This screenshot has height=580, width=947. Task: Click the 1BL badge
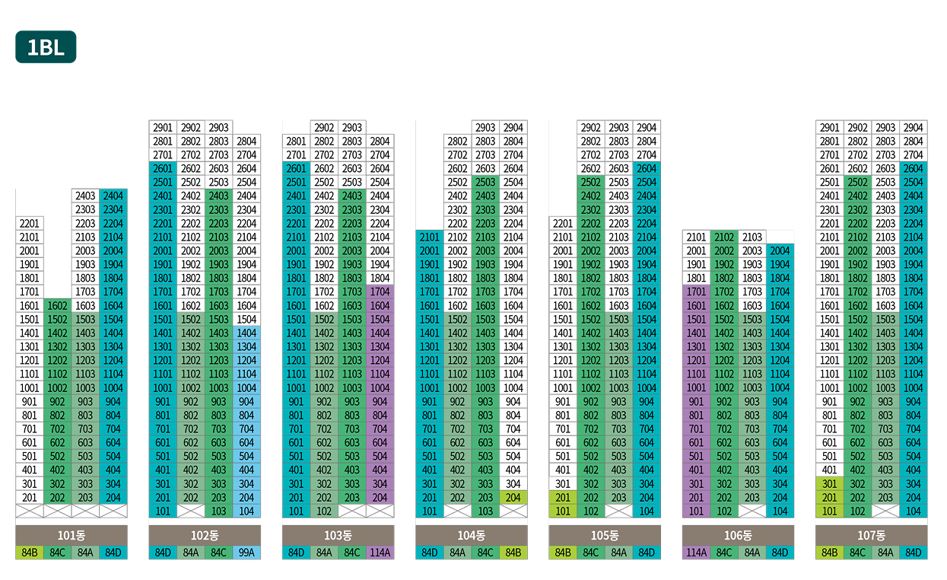click(46, 47)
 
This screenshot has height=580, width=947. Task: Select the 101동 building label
click(72, 535)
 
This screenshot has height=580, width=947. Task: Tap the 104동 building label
click(472, 535)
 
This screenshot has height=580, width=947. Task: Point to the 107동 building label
click(872, 535)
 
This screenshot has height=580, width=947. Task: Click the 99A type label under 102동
click(246, 553)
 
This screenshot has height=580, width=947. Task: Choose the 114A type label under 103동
click(380, 553)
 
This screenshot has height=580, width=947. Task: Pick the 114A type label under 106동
click(696, 553)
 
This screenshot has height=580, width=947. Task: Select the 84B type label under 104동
click(513, 553)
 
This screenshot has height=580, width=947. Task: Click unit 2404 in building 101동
click(113, 196)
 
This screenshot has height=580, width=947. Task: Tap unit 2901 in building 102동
click(163, 127)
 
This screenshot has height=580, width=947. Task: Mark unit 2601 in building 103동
click(296, 168)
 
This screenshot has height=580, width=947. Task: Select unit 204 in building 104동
click(513, 497)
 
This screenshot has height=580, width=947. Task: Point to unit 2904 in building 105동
click(647, 127)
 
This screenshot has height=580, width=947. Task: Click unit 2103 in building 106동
click(752, 237)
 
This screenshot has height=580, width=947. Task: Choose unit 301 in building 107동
click(830, 483)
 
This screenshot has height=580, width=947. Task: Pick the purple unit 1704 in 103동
click(380, 292)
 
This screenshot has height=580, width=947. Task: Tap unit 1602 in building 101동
click(58, 305)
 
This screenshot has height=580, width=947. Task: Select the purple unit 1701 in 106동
click(696, 292)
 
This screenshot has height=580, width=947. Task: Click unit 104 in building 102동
click(246, 511)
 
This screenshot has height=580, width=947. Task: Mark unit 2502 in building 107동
click(858, 182)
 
